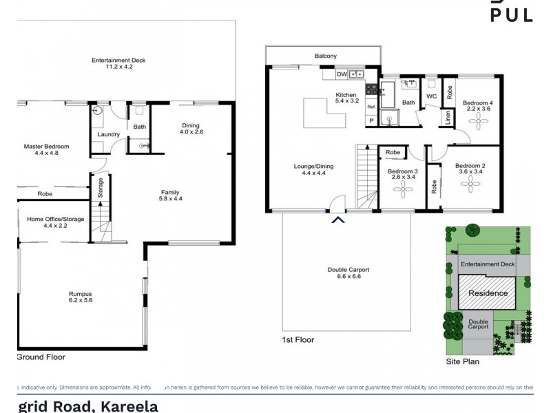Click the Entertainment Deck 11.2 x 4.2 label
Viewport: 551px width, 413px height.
pos(118,64)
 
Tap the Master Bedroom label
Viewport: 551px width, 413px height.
pos(46,150)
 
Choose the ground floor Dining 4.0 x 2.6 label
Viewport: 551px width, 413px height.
pos(191,129)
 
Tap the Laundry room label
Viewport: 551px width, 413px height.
pos(108,134)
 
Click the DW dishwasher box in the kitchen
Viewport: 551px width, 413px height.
pos(342,74)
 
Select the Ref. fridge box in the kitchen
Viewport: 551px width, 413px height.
pos(371,107)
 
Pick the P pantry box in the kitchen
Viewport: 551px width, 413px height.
pos(371,120)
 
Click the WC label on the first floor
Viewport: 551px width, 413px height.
pos(431,96)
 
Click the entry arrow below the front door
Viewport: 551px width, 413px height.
pos(337,220)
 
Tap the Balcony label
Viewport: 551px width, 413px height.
pos(326,56)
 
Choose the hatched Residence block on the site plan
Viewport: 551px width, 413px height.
pos(488,293)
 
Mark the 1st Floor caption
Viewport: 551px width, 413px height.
pos(298,340)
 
